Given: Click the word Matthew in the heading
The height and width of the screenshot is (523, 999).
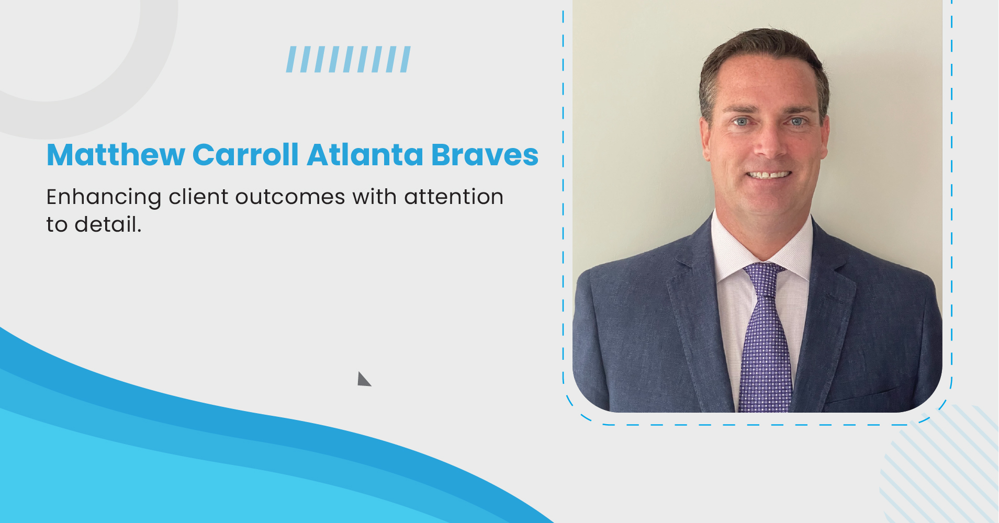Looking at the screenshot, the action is tap(116, 155).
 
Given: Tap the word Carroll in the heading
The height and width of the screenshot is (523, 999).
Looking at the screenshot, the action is tap(245, 155).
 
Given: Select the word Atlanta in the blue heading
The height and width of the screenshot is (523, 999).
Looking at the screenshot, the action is tap(365, 155).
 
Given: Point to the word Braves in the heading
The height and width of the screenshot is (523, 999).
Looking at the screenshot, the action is tap(485, 155).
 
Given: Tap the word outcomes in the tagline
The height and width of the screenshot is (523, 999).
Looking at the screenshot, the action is tap(290, 198).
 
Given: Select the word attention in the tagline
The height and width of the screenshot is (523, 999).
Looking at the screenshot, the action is tap(454, 197).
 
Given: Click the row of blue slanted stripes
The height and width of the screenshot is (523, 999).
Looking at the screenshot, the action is tap(348, 59).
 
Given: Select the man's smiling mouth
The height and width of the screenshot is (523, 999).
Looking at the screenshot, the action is tap(768, 175).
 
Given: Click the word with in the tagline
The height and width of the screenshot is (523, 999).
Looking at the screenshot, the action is tap(374, 197).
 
